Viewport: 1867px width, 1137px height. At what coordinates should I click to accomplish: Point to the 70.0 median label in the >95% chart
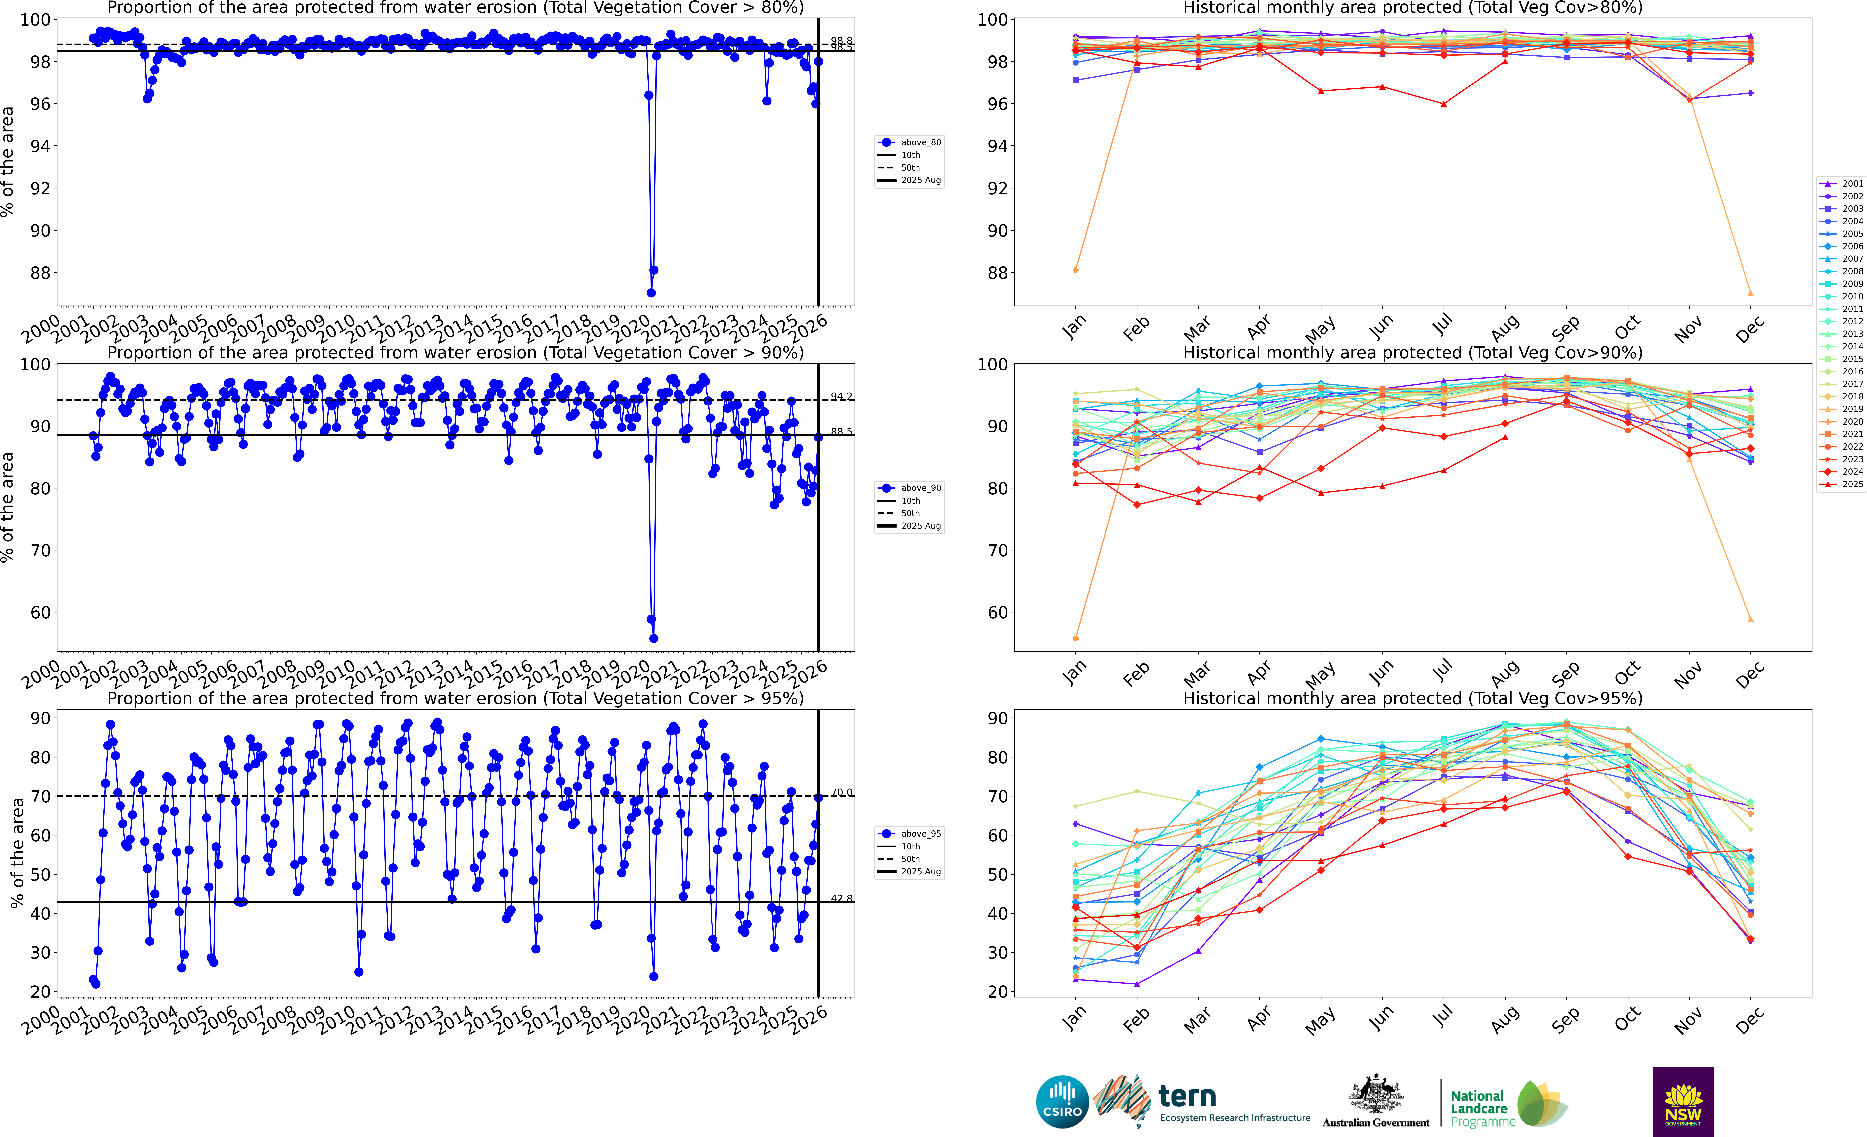841,792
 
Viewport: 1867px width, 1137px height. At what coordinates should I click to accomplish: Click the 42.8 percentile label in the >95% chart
841,898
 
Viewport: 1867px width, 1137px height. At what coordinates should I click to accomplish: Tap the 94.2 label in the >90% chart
841,396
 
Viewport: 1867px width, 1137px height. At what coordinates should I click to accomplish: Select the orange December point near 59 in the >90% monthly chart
1750,619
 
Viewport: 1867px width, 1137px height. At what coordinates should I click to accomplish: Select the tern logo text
1187,1096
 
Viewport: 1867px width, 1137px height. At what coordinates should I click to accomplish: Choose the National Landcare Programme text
1481,1108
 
